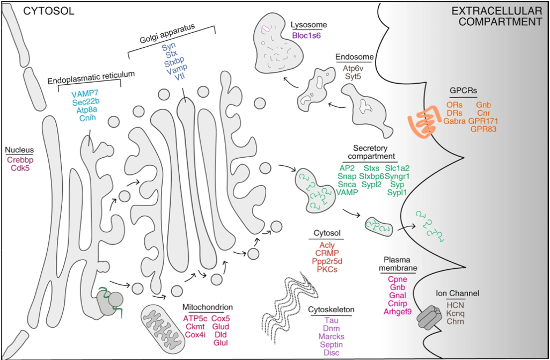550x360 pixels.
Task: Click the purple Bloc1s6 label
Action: [306, 35]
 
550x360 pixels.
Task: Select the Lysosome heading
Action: [308, 25]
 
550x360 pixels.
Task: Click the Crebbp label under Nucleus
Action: [20, 159]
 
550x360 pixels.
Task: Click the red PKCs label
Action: [326, 269]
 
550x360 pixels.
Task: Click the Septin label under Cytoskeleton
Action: [332, 344]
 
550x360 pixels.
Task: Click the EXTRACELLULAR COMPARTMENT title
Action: [495, 16]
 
